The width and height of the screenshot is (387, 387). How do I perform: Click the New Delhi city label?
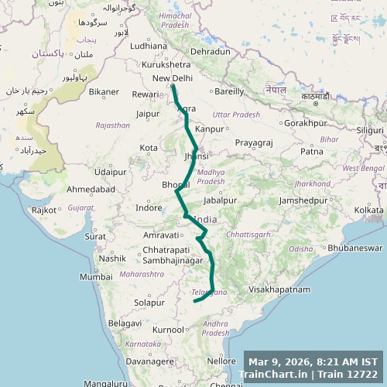[172, 78]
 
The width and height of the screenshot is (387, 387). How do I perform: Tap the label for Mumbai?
[95, 276]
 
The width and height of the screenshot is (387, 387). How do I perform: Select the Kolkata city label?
[368, 210]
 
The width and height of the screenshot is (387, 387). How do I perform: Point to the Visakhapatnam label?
[279, 289]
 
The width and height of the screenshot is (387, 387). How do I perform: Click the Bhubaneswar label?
[355, 248]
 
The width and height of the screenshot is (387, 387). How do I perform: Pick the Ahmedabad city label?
[91, 189]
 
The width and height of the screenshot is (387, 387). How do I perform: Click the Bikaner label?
[104, 91]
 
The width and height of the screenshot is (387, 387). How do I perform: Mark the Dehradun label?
[210, 51]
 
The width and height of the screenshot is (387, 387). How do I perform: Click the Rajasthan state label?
[112, 125]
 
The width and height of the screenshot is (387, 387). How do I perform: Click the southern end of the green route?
[194, 301]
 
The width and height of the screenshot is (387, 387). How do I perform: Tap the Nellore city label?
[221, 361]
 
